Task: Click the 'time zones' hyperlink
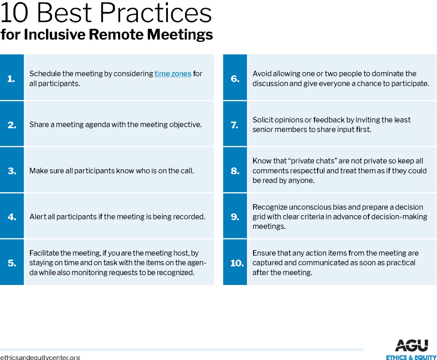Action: [173, 74]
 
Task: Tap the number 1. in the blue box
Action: [11, 78]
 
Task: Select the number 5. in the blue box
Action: [12, 263]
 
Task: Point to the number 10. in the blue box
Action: [237, 263]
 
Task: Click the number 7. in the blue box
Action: [235, 125]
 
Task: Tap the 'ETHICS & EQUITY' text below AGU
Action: [411, 357]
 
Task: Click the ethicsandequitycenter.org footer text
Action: [40, 357]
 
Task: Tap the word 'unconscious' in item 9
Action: [304, 207]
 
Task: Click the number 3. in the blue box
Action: [12, 171]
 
